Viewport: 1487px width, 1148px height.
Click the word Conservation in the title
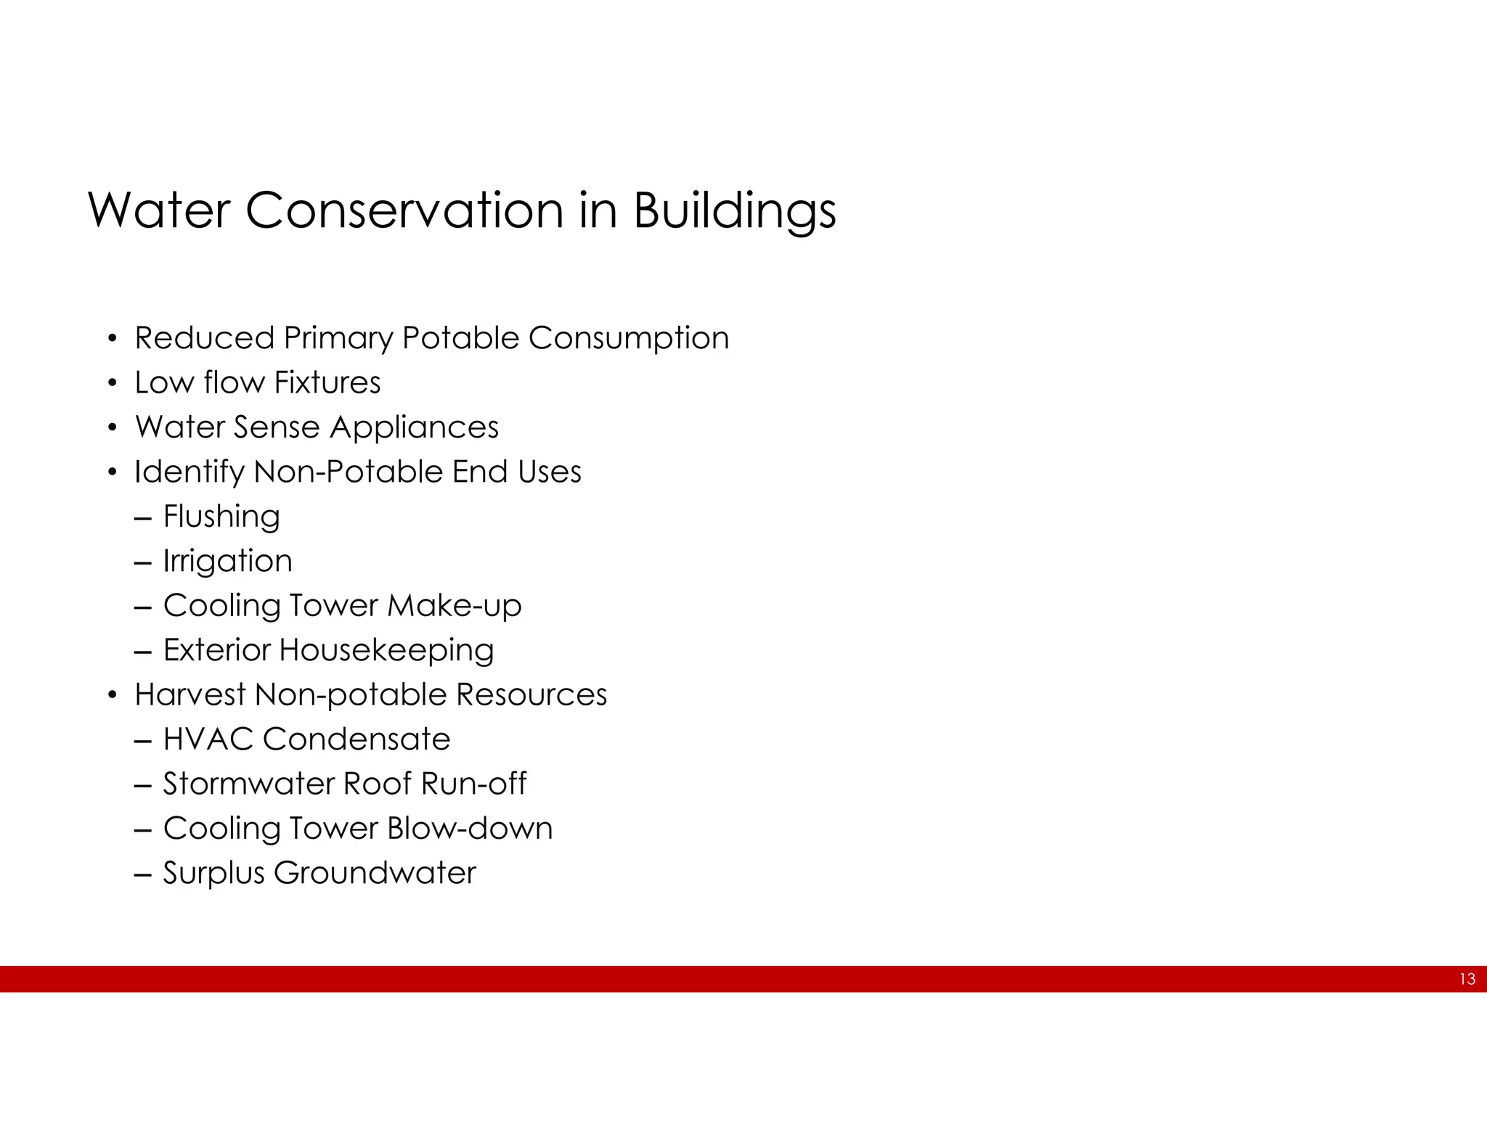click(x=404, y=210)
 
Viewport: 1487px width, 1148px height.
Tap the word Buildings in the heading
click(x=734, y=211)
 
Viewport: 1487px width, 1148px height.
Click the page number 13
click(x=1467, y=979)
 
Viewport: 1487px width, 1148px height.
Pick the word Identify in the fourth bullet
click(x=190, y=472)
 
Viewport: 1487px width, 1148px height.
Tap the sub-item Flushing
click(x=221, y=517)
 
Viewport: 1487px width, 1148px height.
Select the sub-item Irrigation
click(x=227, y=561)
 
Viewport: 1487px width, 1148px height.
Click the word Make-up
click(x=455, y=606)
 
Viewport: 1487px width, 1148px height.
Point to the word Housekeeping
click(x=386, y=650)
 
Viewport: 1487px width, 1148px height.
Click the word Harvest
click(x=190, y=694)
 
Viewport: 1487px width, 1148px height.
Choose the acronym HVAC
click(x=208, y=739)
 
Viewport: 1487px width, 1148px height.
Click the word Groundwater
click(x=375, y=873)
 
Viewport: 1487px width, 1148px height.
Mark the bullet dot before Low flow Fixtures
click(x=112, y=383)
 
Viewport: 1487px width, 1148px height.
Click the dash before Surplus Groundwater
click(x=143, y=874)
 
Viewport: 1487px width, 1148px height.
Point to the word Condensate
click(x=357, y=739)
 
